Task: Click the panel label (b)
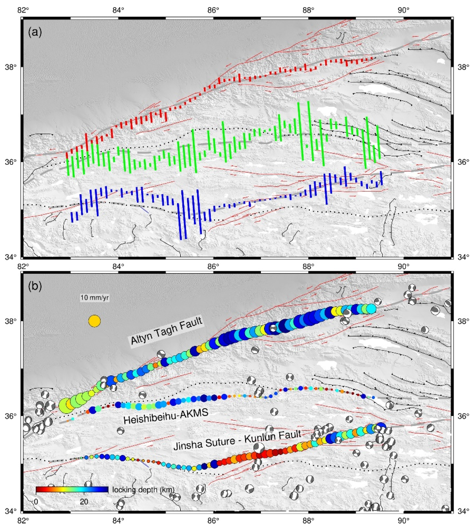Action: pos(35,287)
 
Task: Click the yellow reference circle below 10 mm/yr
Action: pos(94,321)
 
